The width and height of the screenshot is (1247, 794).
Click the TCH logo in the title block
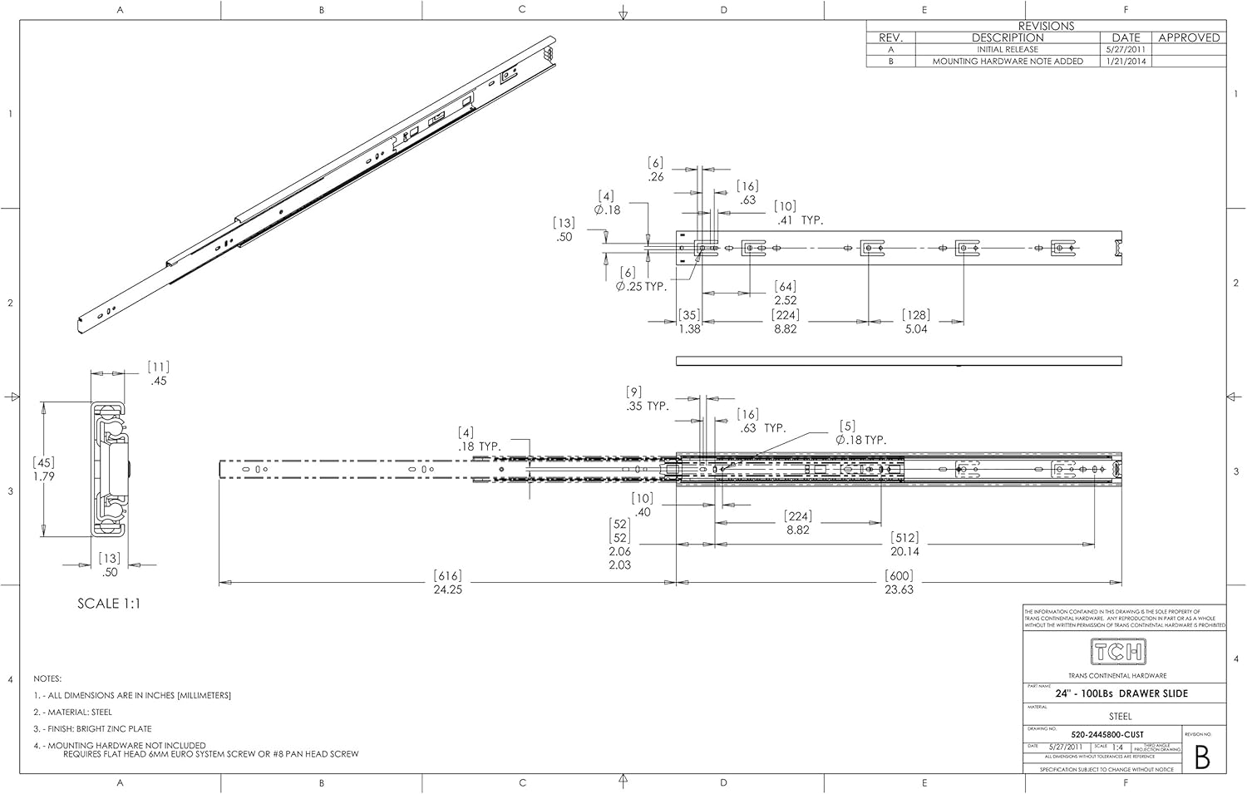point(1117,652)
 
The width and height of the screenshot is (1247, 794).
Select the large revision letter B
point(1201,757)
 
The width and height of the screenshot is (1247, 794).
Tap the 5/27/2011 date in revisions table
point(1126,50)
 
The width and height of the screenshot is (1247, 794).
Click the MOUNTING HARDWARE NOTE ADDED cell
point(1008,62)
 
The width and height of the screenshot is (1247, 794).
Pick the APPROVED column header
point(1189,37)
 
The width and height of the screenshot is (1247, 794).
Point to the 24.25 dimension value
point(447,589)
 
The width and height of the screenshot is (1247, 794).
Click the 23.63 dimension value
point(899,589)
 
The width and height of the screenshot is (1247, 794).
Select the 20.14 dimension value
point(904,551)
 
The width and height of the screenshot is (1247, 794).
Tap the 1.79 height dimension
point(44,476)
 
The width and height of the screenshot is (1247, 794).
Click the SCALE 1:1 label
point(109,604)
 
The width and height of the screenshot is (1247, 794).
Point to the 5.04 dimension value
point(916,329)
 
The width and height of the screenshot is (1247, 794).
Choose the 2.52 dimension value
point(786,301)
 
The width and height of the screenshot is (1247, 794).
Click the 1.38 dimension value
point(689,329)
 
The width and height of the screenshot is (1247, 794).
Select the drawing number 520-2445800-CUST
point(1107,734)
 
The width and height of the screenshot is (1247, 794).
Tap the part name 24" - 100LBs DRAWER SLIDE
point(1121,693)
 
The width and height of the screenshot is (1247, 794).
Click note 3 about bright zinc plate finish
point(92,729)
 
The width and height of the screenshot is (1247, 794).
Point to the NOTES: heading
point(47,679)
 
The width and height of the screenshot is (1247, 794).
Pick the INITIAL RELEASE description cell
point(1008,50)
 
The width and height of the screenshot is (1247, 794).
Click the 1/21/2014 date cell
point(1126,62)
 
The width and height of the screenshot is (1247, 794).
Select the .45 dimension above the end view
point(159,382)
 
